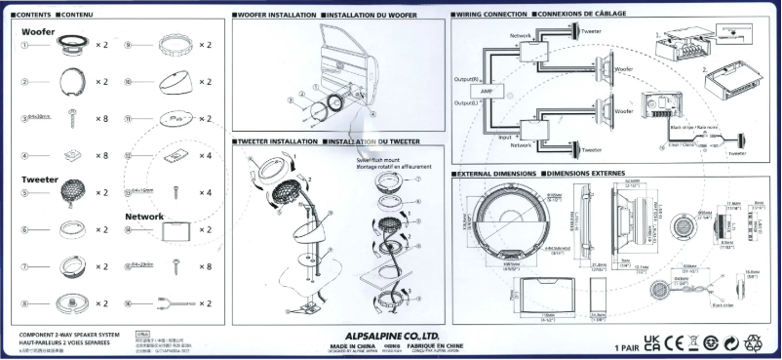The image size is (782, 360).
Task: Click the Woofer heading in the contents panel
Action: [40, 32]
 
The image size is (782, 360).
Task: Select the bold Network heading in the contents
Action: [144, 216]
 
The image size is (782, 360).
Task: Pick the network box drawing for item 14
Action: [176, 230]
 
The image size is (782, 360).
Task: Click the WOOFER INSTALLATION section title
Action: [275, 16]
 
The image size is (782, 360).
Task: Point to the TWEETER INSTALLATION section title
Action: [278, 141]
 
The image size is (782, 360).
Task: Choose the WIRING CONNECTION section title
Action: [490, 16]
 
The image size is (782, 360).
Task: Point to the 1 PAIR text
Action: [630, 347]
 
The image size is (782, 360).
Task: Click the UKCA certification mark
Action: [654, 343]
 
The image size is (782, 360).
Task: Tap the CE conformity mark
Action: [676, 343]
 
